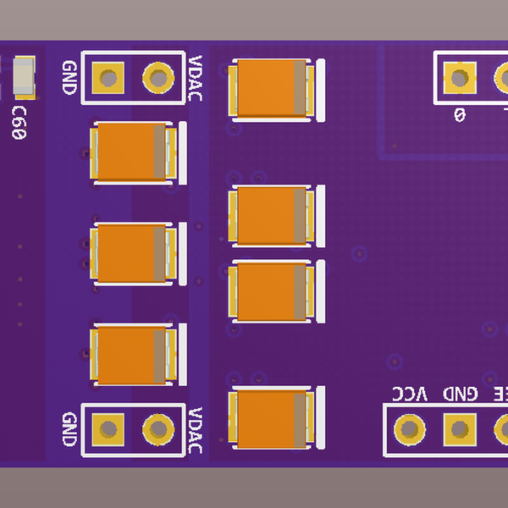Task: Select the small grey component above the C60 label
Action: pos(22,76)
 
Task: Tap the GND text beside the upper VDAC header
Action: pos(70,77)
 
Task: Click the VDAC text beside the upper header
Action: pos(196,78)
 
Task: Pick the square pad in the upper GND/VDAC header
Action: pos(108,79)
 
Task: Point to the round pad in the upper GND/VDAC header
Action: pos(157,78)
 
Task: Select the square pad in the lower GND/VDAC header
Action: pos(108,429)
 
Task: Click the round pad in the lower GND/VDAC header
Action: pos(157,429)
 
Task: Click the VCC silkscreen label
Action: pos(410,395)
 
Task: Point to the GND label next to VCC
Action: pos(460,395)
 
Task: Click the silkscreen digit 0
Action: pos(460,114)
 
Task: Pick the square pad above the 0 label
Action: pos(459,79)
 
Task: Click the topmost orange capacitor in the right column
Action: pos(272,88)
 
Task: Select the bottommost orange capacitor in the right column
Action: pos(272,418)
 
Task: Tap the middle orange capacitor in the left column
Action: pos(131,253)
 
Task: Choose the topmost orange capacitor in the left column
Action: pos(131,152)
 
